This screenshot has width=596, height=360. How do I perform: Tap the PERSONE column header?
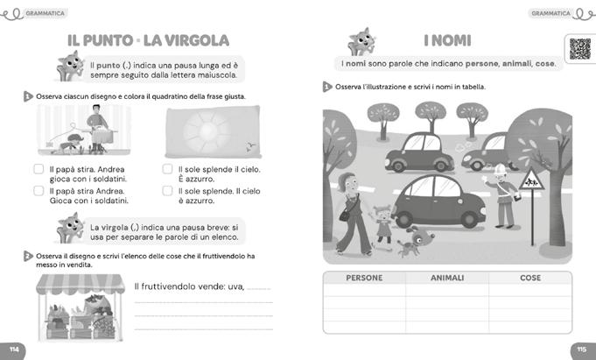click(364, 278)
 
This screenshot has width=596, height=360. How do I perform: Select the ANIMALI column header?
click(447, 278)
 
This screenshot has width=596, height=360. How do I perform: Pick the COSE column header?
click(529, 278)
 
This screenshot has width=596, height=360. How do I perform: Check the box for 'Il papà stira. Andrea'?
click(39, 169)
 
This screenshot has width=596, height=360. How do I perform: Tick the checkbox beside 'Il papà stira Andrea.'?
click(39, 190)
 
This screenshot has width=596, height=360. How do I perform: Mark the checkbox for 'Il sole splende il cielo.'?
click(168, 169)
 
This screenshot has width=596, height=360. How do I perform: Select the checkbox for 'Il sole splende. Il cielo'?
click(168, 190)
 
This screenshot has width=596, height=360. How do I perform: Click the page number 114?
click(12, 349)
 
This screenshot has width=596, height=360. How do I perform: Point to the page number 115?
click(583, 349)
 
